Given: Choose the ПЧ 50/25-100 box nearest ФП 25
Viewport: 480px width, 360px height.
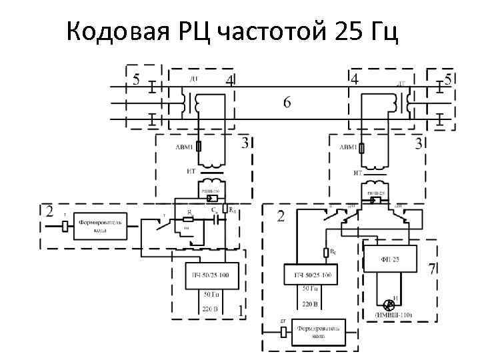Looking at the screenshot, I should pyautogui.click(x=311, y=274).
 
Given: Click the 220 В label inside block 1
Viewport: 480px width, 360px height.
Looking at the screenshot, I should pyautogui.click(x=211, y=309).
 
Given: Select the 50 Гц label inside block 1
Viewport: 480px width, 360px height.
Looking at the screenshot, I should pyautogui.click(x=211, y=293).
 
